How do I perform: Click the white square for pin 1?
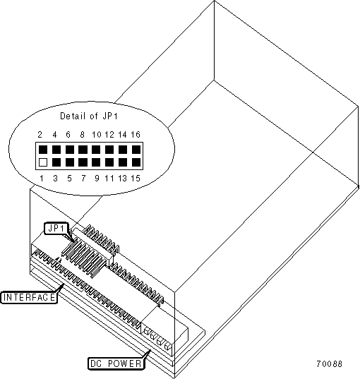43,162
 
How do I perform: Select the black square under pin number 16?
136,150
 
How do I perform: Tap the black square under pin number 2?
43,150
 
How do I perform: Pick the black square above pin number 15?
136,162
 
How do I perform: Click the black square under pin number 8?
83,150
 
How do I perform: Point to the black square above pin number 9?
96,162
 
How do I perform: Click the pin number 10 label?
97,134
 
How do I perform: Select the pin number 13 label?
122,179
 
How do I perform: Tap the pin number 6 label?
68,134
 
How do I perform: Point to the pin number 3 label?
55,179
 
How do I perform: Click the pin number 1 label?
42,179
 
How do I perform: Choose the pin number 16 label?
136,134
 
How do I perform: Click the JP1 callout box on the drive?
56,229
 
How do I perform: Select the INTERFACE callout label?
29,297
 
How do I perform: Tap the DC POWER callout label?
116,363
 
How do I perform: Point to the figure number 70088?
330,363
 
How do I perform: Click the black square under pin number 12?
109,150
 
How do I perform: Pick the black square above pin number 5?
70,162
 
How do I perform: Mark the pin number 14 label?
122,134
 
